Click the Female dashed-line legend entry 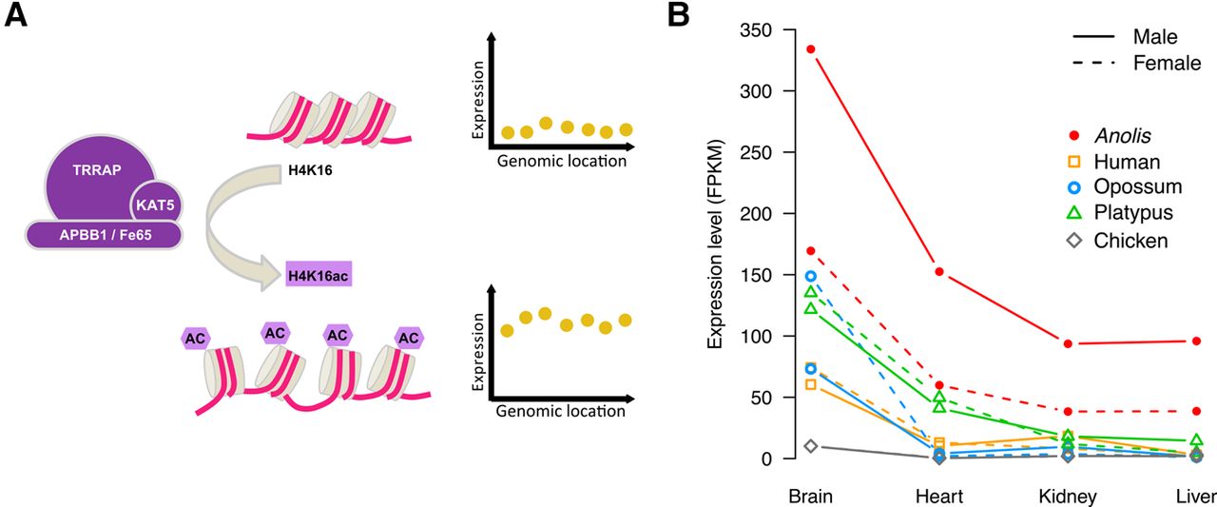click(x=1136, y=63)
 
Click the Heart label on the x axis click(x=939, y=497)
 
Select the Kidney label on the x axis click(x=1068, y=497)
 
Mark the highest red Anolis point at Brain click(x=811, y=49)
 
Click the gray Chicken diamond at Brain click(x=811, y=446)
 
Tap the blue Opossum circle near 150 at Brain click(x=811, y=277)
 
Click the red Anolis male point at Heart click(x=939, y=272)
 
